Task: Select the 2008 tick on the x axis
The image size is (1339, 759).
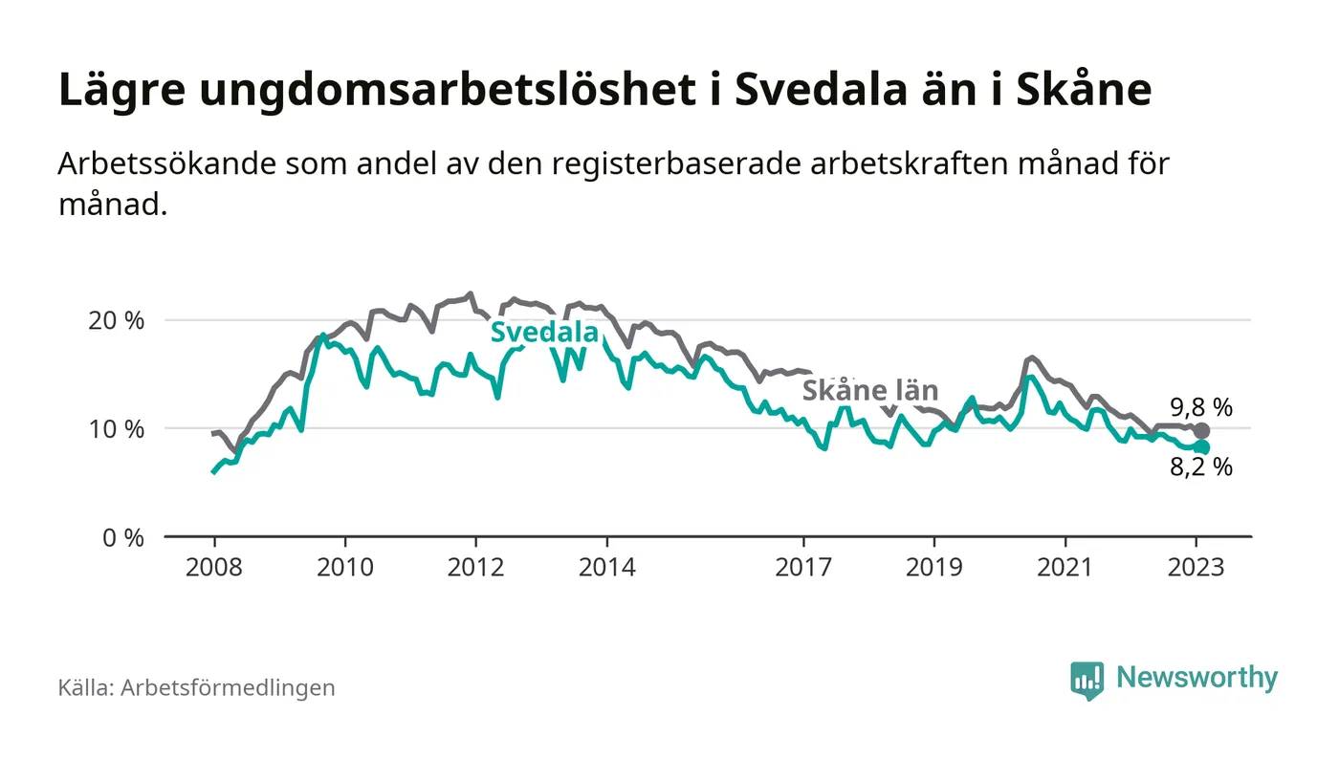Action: click(212, 567)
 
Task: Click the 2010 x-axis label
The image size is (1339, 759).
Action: click(344, 567)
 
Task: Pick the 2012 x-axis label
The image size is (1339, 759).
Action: click(475, 567)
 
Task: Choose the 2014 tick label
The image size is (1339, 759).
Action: click(606, 567)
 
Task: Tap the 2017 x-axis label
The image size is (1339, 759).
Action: click(803, 567)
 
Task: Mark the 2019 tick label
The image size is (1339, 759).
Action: click(934, 567)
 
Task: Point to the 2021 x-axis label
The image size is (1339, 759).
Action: click(1065, 567)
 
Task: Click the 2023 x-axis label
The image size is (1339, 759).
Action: click(1196, 567)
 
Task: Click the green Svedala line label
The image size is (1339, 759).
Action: click(544, 333)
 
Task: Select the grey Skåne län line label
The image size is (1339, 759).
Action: click(869, 390)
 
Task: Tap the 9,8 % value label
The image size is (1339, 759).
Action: click(1200, 407)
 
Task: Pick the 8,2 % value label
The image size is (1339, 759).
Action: click(1200, 467)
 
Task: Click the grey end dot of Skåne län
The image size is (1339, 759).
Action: click(1202, 431)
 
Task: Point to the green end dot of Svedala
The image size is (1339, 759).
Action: click(1202, 447)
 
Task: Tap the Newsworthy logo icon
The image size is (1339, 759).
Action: click(1087, 680)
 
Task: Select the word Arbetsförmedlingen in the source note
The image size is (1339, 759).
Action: click(228, 687)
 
